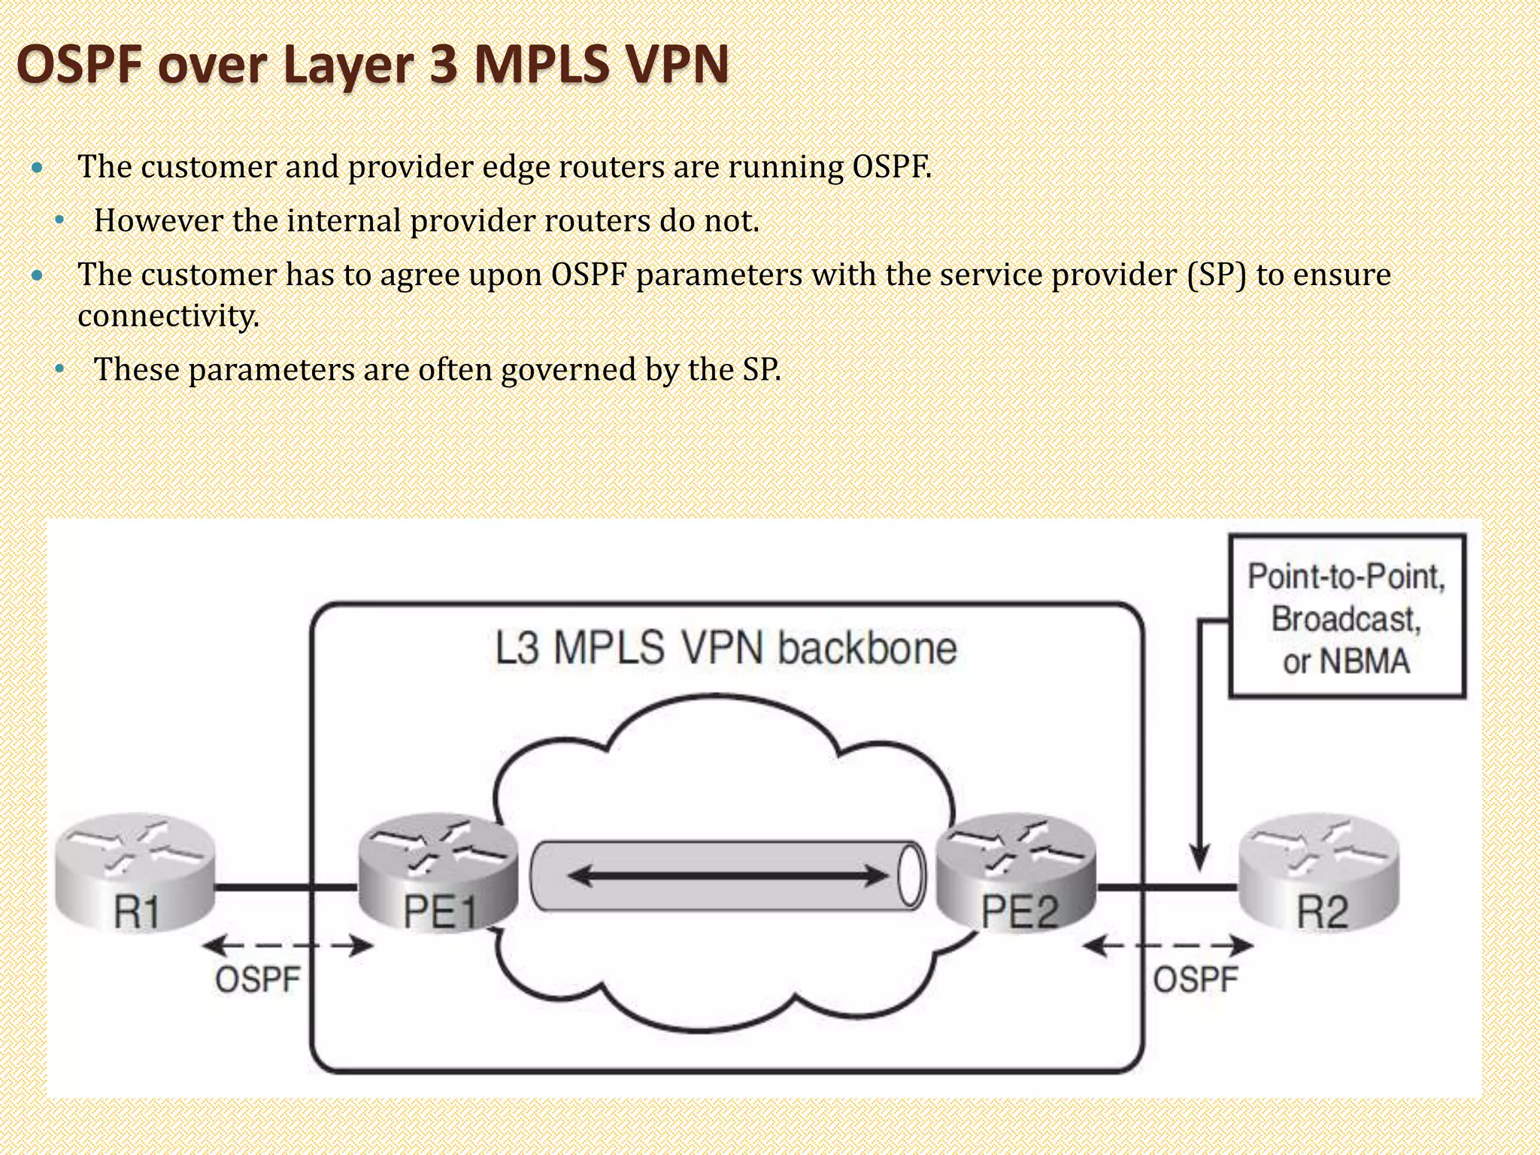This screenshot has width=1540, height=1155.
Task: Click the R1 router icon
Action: [135, 872]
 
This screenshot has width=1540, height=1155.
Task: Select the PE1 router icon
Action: [438, 872]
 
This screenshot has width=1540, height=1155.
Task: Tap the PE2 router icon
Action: [1017, 872]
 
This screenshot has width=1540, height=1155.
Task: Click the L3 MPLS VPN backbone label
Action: [726, 648]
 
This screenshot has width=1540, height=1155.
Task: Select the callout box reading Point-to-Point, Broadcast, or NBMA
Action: [1347, 617]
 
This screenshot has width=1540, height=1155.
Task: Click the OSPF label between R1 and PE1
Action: [258, 980]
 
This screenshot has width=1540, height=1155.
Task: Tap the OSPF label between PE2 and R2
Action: [1196, 980]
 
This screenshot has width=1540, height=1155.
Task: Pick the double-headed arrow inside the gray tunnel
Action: [727, 876]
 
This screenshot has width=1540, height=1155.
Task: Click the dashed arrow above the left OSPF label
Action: [289, 946]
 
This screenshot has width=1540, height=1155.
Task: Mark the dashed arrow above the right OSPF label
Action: [1168, 946]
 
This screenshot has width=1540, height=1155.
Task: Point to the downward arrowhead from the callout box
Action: [1200, 857]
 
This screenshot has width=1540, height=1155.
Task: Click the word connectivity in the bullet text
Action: [168, 316]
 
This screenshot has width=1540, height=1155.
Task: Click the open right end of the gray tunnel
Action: [911, 877]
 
